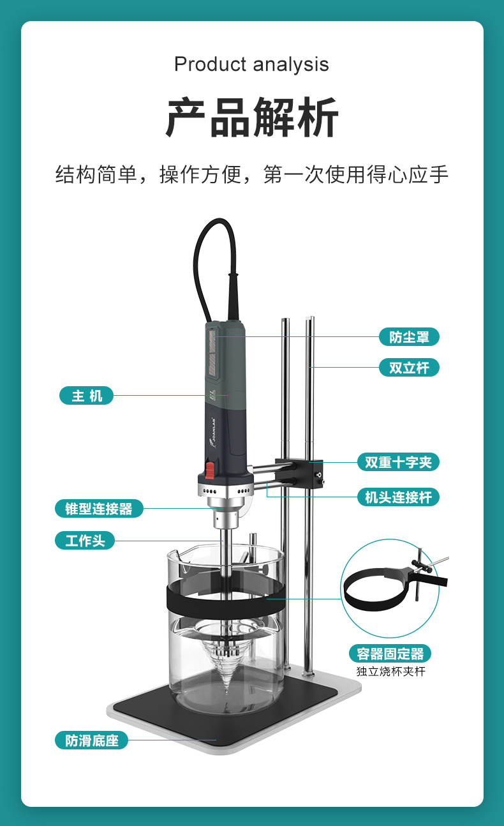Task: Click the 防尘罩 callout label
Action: [x=409, y=336]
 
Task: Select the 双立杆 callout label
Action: [x=409, y=367]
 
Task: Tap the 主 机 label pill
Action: [x=86, y=395]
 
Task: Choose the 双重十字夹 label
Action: [x=398, y=462]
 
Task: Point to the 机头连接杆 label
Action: [x=398, y=497]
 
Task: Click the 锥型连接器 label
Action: [x=99, y=508]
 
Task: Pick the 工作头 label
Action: [x=85, y=540]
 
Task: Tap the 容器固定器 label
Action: [x=390, y=654]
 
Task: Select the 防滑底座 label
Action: [x=91, y=740]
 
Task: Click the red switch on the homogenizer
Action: [x=210, y=469]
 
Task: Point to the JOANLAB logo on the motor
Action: [x=213, y=432]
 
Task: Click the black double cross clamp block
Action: [x=299, y=473]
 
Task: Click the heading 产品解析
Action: [x=251, y=117]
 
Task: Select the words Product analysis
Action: [x=251, y=64]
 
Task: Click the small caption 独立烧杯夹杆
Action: [x=390, y=671]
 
